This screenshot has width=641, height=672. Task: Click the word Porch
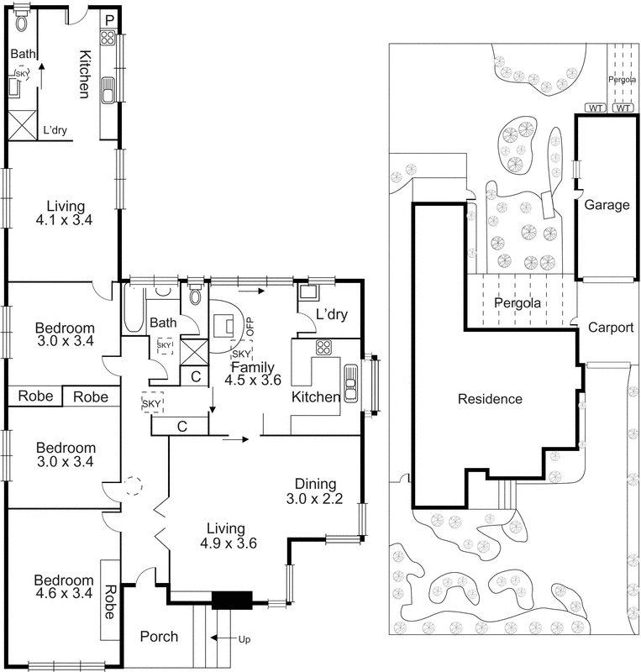[x=159, y=637]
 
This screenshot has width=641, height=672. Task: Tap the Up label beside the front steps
[x=244, y=639]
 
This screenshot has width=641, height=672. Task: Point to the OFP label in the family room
[x=250, y=320]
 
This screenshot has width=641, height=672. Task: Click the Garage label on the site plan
[x=607, y=205]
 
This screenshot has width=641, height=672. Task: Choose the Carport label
[x=610, y=328]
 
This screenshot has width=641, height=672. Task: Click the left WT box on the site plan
[x=595, y=108]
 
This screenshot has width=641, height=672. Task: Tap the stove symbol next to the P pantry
[x=108, y=37]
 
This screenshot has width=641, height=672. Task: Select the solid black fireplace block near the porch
[x=231, y=601]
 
